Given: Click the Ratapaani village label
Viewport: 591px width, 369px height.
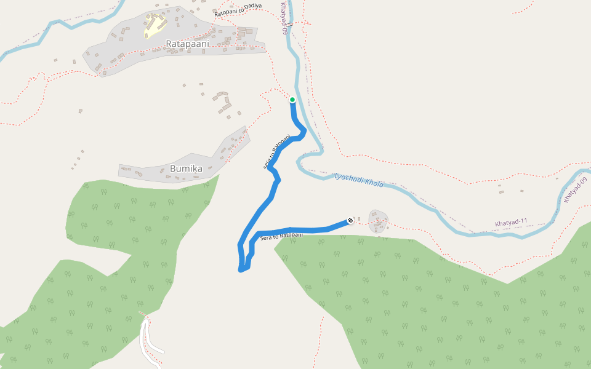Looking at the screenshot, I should [187, 44].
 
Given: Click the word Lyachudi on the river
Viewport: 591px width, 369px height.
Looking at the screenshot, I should [348, 178].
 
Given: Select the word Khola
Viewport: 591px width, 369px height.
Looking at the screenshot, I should [374, 183].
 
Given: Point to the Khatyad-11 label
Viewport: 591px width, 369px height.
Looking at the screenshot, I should [511, 222].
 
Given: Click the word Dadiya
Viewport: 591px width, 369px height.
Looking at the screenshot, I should [252, 7].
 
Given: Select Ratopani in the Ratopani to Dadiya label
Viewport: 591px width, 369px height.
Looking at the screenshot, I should [225, 12].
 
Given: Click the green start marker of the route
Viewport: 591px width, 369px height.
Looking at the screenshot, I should [292, 100].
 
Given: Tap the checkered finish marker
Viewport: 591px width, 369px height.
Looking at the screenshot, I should [350, 220].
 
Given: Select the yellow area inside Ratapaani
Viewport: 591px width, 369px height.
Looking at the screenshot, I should [154, 26].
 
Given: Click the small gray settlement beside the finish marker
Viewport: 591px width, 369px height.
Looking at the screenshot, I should [378, 221].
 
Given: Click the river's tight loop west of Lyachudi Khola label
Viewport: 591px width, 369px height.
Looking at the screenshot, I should [300, 163].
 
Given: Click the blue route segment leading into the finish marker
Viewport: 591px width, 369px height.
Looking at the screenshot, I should [320, 229].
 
